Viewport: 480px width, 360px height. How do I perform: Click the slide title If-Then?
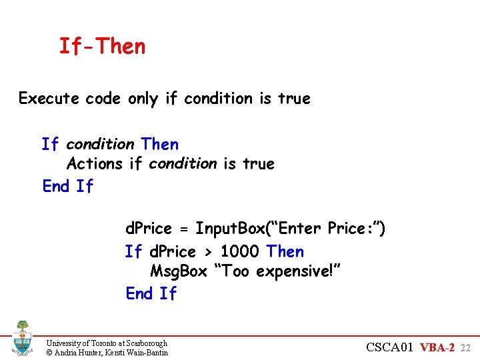102,47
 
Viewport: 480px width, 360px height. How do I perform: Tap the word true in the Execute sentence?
294,99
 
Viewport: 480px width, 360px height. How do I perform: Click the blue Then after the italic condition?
160,144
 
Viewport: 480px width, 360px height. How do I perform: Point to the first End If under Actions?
67,186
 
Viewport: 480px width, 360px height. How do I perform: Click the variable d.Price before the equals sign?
149,229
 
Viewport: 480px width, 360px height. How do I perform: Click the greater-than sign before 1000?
208,252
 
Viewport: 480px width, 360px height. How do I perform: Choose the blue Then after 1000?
285,251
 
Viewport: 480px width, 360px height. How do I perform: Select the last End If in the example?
151,293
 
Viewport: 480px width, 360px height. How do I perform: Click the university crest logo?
22,337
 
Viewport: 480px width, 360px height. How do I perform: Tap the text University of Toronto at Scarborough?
107,343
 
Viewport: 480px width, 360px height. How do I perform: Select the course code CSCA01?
393,347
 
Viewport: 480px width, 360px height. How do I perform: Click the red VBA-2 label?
439,347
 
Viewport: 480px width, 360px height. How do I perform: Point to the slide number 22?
466,348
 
